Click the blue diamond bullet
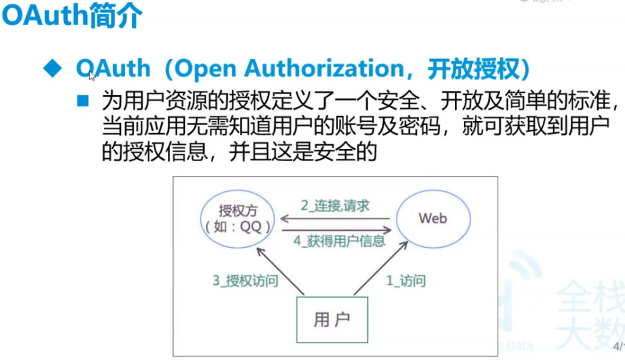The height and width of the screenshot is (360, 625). [52, 69]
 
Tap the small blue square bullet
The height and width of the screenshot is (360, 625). [83, 101]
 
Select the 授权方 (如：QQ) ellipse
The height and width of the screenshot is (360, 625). [238, 219]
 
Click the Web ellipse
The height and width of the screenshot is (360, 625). [433, 218]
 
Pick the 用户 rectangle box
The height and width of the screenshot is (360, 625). [332, 319]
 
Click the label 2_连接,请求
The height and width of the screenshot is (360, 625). [335, 206]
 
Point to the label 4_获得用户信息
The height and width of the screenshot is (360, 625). [339, 241]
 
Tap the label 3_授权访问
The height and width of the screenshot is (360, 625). [245, 281]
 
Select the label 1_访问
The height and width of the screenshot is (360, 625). [405, 281]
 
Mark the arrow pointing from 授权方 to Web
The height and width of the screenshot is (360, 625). [337, 230]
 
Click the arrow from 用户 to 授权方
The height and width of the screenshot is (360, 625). [281, 271]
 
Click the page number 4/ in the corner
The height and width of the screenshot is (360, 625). [619, 346]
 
